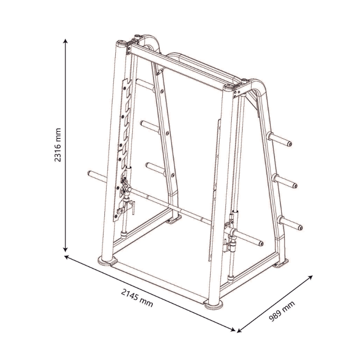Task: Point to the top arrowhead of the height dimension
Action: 66,40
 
